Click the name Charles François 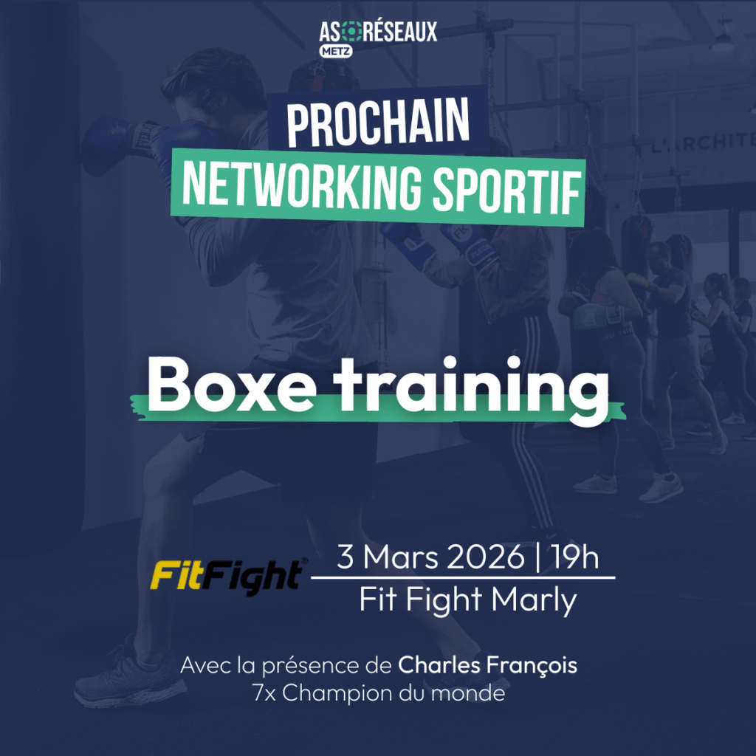487,665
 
